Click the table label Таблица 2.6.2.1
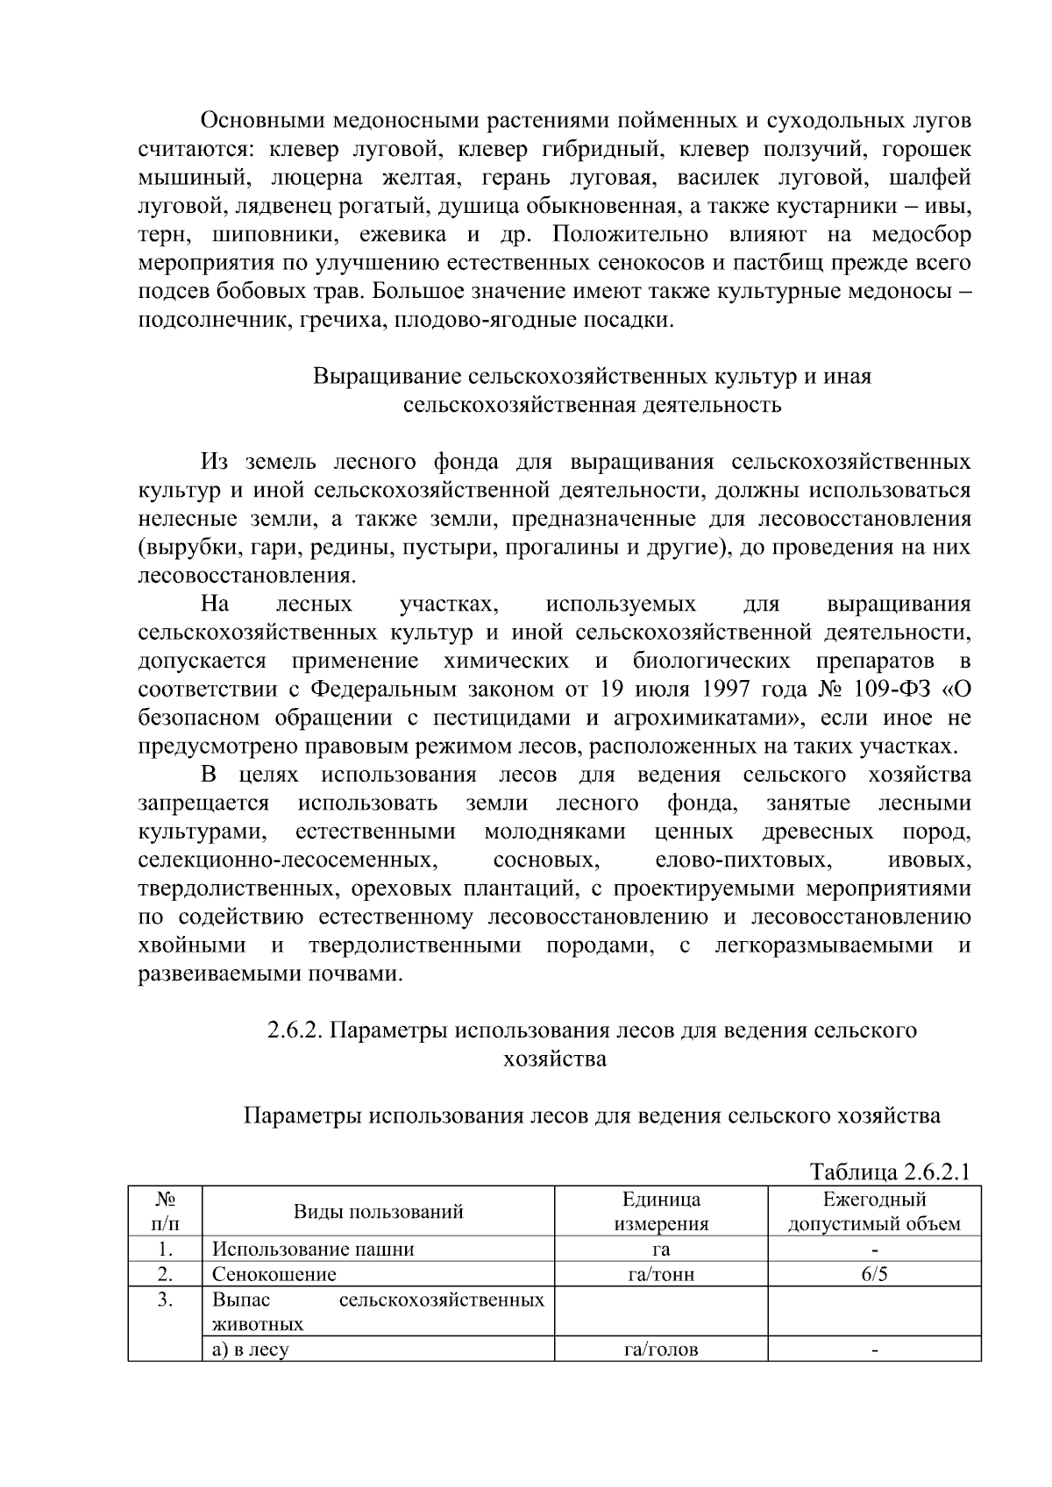[x=890, y=1172]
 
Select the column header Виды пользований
[x=378, y=1212]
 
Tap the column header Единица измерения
[x=661, y=1212]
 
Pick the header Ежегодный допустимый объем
[x=874, y=1212]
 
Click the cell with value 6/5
[x=874, y=1274]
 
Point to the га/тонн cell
[x=661, y=1274]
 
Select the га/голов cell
[x=661, y=1349]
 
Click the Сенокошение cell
[x=274, y=1274]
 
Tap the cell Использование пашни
[x=313, y=1250]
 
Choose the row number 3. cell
[x=165, y=1299]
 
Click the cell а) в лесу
[x=250, y=1349]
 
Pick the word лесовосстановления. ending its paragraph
[x=247, y=576]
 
